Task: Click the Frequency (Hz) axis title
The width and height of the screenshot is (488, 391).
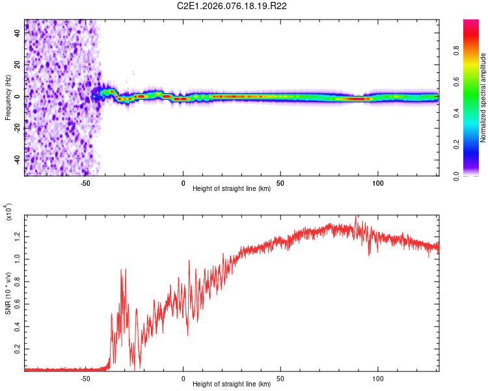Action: click(x=8, y=97)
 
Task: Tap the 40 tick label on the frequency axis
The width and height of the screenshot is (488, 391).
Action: click(x=18, y=35)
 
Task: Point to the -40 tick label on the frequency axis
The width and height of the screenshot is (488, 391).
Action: click(x=18, y=159)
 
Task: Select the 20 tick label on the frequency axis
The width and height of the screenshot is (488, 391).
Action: click(x=18, y=66)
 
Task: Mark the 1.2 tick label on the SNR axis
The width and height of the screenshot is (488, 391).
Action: click(x=18, y=235)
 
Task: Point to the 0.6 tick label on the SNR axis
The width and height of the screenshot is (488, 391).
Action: click(x=18, y=303)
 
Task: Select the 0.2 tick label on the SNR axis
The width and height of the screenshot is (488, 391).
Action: click(x=18, y=349)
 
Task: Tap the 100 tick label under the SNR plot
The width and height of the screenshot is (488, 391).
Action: click(x=377, y=377)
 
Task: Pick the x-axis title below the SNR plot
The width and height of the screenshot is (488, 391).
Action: click(x=232, y=385)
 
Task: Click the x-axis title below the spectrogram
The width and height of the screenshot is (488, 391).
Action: click(x=232, y=190)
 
